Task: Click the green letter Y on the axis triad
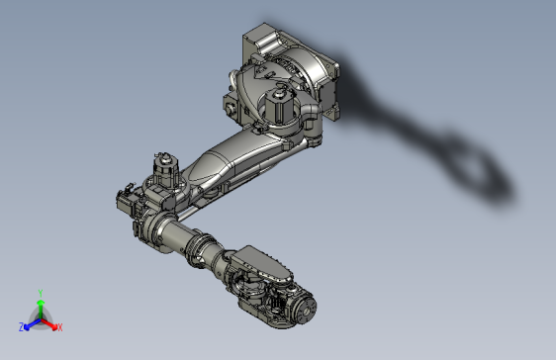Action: point(40,293)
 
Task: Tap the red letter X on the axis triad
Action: point(59,326)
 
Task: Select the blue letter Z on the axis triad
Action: point(22,326)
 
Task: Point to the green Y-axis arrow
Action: point(40,307)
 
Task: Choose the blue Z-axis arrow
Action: point(31,322)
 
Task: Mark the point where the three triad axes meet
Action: point(40,318)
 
